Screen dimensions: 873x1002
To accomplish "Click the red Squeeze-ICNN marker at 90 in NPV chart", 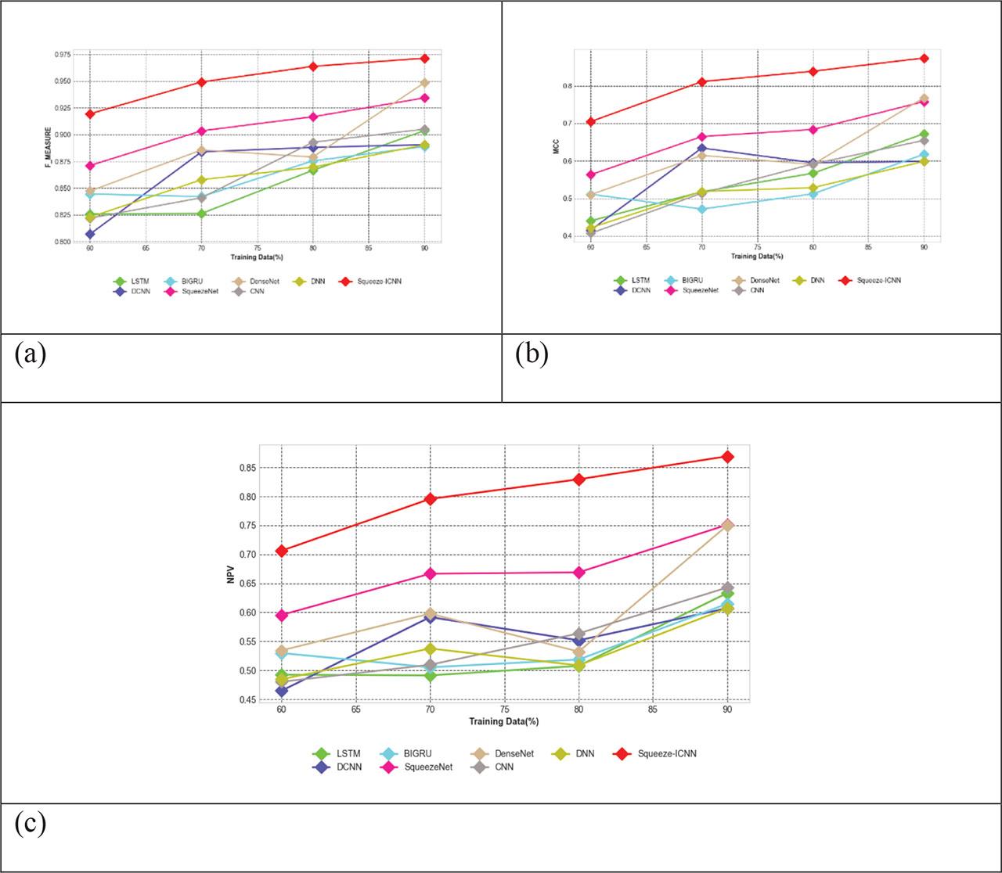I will pos(727,456).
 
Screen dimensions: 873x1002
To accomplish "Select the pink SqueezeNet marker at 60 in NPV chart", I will pos(282,615).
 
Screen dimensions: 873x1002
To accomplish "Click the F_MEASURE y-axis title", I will pos(49,148).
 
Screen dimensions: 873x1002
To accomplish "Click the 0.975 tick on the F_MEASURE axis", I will pos(60,55).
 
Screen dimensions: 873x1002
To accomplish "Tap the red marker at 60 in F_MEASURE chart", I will pos(90,114).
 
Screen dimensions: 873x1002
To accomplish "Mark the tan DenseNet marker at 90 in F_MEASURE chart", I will pos(425,82).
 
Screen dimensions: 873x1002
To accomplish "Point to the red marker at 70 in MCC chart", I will pos(702,81).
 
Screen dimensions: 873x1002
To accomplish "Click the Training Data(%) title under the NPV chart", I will pos(505,720).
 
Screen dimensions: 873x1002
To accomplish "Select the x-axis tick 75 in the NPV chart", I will pos(505,710).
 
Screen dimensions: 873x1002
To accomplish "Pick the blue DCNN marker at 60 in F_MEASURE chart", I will pos(90,234).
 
